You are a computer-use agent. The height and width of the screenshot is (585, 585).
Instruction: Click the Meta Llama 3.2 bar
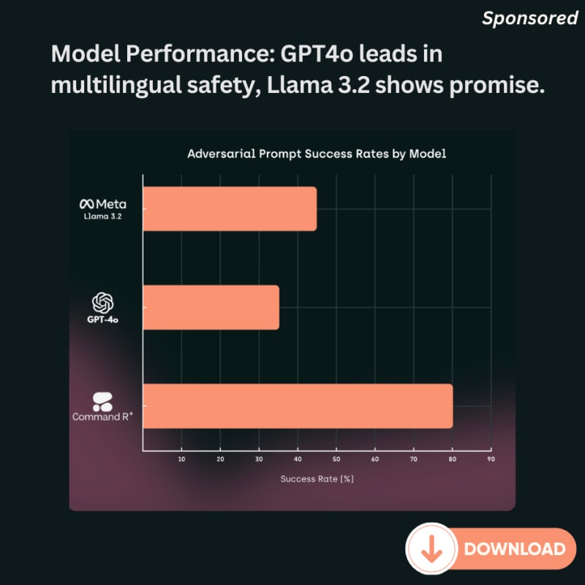click(x=230, y=209)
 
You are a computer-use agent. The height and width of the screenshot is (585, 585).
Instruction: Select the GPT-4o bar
click(x=211, y=307)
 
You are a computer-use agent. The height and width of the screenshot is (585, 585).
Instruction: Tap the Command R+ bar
click(x=298, y=406)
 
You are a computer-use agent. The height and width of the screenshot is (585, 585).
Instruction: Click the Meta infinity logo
click(x=87, y=203)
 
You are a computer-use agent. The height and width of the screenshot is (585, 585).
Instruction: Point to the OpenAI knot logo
click(x=103, y=302)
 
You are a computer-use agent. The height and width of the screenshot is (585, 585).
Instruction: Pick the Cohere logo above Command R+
click(x=102, y=401)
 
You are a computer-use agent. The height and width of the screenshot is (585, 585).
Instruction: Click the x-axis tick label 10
click(x=181, y=459)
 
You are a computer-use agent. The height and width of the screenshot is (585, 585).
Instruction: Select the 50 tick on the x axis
click(x=336, y=459)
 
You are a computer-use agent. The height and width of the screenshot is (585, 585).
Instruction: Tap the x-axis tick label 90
click(x=491, y=459)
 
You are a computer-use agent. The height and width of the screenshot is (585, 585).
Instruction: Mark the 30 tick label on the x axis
click(x=259, y=459)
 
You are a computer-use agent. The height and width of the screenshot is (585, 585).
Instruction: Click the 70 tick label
click(x=414, y=459)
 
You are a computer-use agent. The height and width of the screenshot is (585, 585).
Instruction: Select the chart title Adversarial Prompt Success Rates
click(x=316, y=154)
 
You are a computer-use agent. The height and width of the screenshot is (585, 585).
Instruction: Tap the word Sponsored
click(x=529, y=19)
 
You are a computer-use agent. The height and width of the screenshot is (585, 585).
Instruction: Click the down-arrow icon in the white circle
click(x=431, y=548)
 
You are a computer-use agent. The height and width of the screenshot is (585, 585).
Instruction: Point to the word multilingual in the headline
click(x=116, y=86)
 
